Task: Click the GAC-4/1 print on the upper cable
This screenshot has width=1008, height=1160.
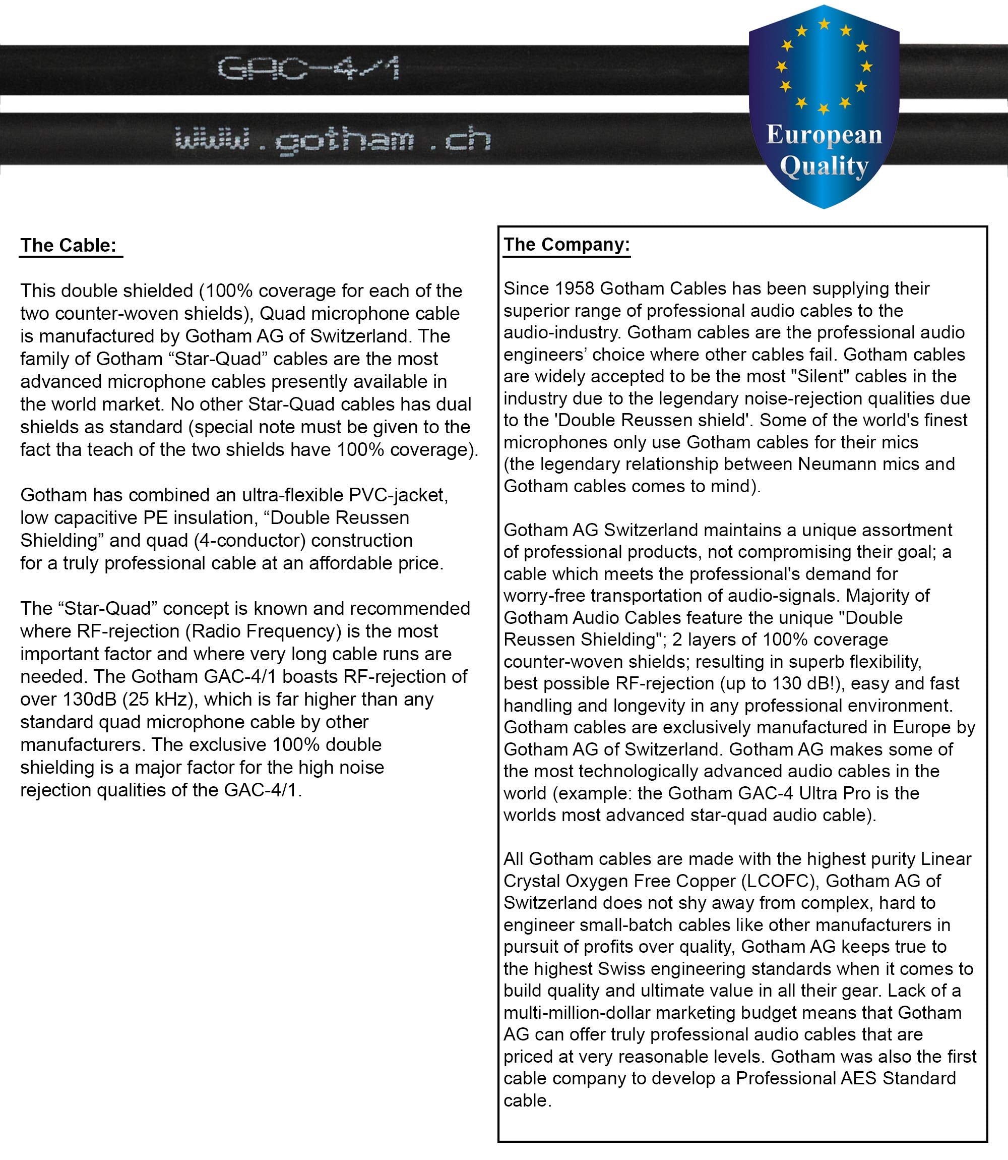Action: tap(309, 69)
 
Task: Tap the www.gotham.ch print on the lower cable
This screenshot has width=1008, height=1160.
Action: tap(333, 140)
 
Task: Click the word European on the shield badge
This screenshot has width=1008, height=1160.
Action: tap(824, 136)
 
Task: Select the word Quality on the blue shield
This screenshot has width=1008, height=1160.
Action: tap(824, 167)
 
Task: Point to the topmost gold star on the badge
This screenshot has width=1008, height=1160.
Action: tap(824, 24)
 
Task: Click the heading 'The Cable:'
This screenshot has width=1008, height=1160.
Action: tap(68, 246)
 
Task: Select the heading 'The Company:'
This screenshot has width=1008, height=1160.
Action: tap(566, 244)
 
